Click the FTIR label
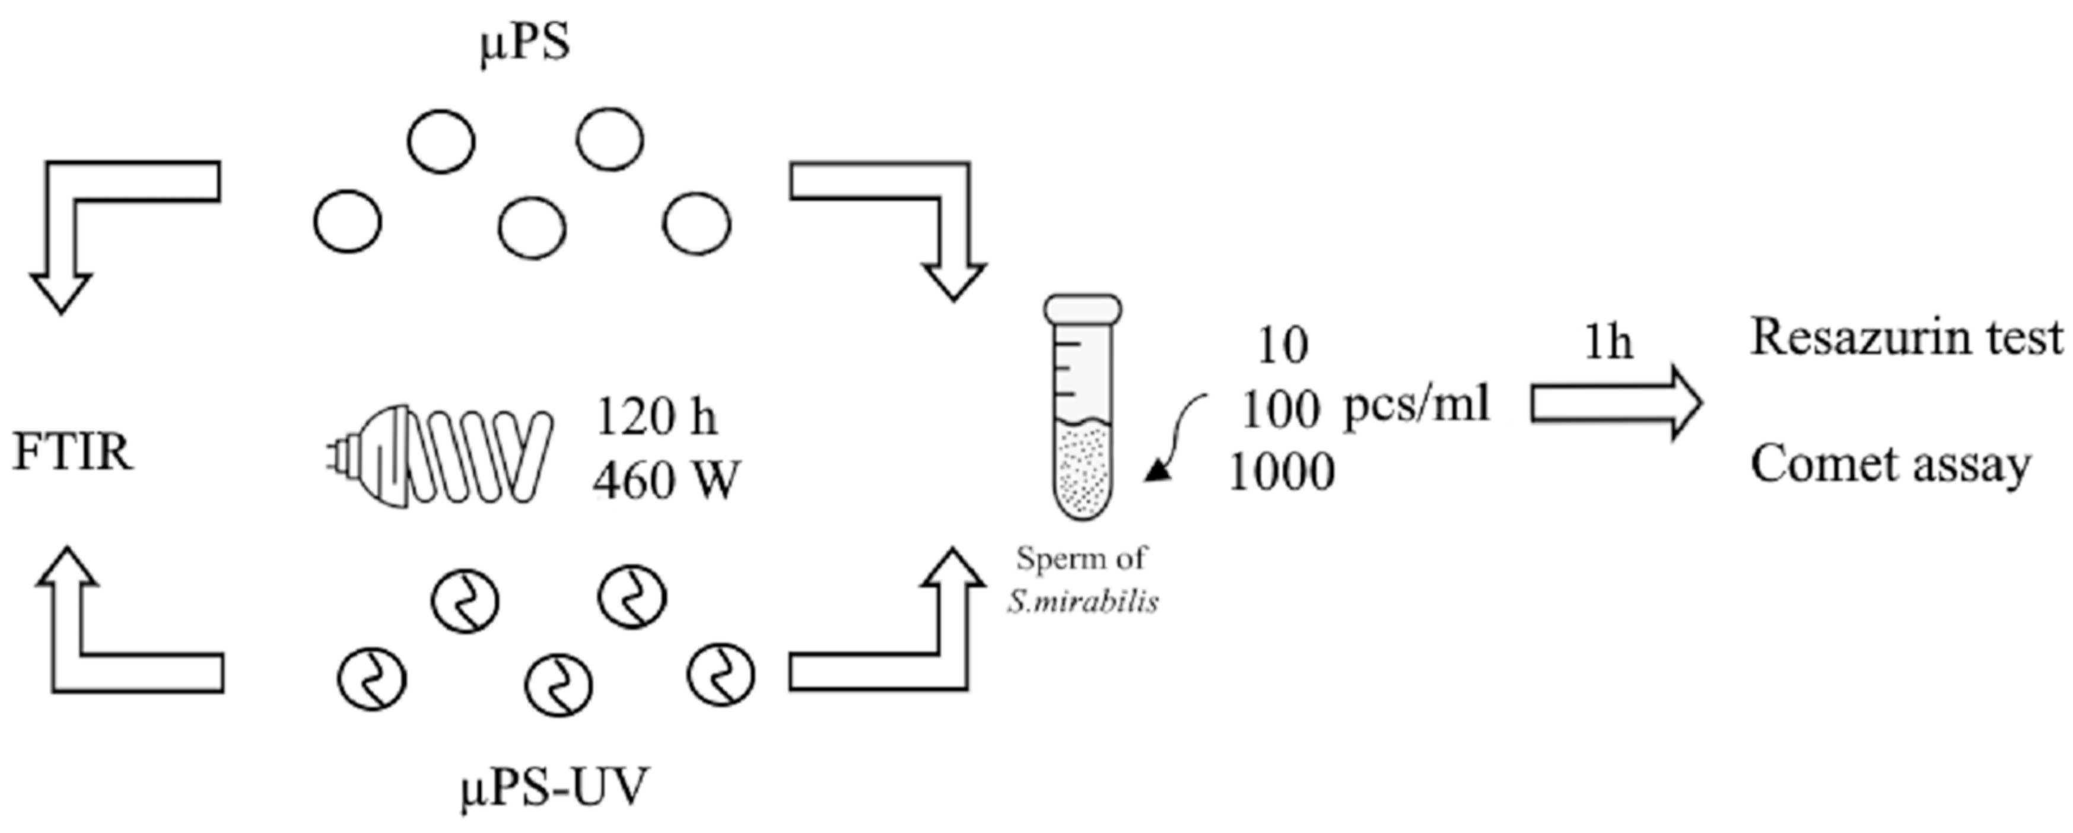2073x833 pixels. (72, 453)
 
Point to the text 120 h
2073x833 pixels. (656, 417)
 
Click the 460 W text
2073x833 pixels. (666, 481)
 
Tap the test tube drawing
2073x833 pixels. (1082, 418)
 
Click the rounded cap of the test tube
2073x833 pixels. (1082, 309)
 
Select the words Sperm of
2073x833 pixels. (1081, 558)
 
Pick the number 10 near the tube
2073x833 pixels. (1283, 346)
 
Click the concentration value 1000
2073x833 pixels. (1281, 472)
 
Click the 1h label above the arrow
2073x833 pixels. (1608, 344)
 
